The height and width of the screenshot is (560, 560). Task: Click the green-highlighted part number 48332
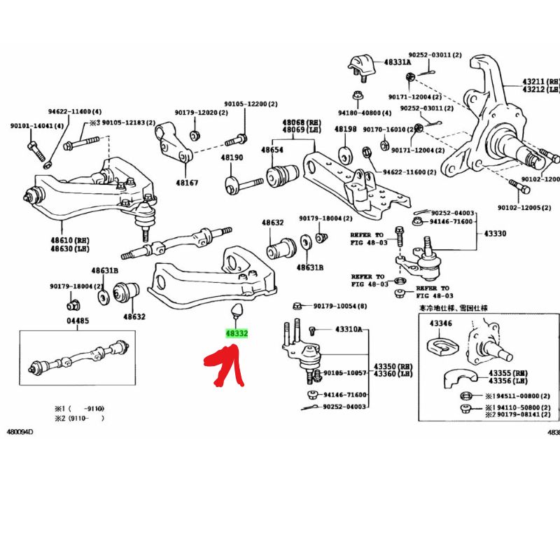tap(237, 334)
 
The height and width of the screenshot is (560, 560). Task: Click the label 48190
tap(232, 158)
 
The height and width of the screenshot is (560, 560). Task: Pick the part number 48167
tap(187, 182)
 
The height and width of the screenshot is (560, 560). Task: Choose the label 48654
tap(272, 150)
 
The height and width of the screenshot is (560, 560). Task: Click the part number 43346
tap(440, 323)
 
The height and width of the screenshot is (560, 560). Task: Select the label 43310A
tap(349, 329)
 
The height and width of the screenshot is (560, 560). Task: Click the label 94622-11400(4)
tap(74, 112)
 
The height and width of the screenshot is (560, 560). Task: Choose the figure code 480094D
tap(20, 431)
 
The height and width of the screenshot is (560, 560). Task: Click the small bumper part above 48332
tap(235, 310)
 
